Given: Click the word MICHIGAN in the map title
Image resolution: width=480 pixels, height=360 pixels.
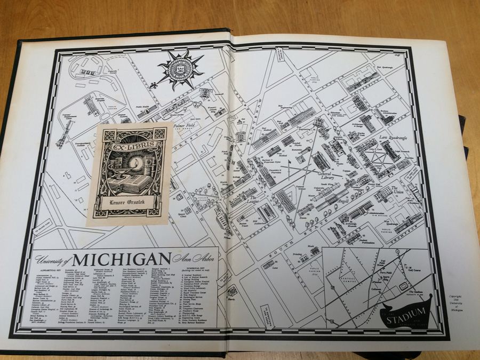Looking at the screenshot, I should pyautogui.click(x=121, y=259).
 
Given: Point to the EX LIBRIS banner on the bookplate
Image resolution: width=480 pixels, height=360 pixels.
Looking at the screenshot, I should pyautogui.click(x=130, y=145).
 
